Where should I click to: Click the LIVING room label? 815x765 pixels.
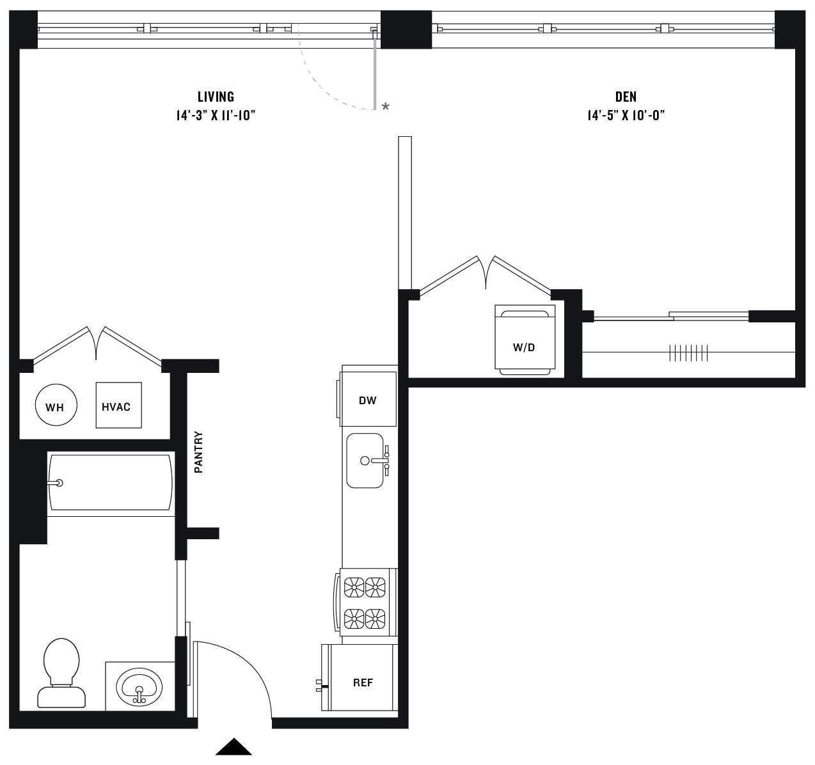[x=216, y=97]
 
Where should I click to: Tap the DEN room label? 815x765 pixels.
[x=626, y=97]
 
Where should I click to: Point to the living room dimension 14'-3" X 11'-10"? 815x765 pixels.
[x=216, y=116]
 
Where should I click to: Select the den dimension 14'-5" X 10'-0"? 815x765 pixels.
[x=626, y=116]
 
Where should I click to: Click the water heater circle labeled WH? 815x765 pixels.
[x=55, y=406]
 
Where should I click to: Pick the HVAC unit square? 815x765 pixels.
[x=118, y=406]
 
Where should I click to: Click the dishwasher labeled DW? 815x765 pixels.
[x=368, y=400]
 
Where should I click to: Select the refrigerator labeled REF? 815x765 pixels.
[x=362, y=682]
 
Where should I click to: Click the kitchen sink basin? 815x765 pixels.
[x=365, y=460]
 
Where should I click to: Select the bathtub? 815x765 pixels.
[x=111, y=482]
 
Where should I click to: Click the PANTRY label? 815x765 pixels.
[x=198, y=452]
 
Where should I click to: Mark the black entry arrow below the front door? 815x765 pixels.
[x=233, y=747]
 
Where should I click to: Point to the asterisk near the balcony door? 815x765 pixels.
[x=385, y=107]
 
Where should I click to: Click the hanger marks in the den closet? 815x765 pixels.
[x=688, y=352]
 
